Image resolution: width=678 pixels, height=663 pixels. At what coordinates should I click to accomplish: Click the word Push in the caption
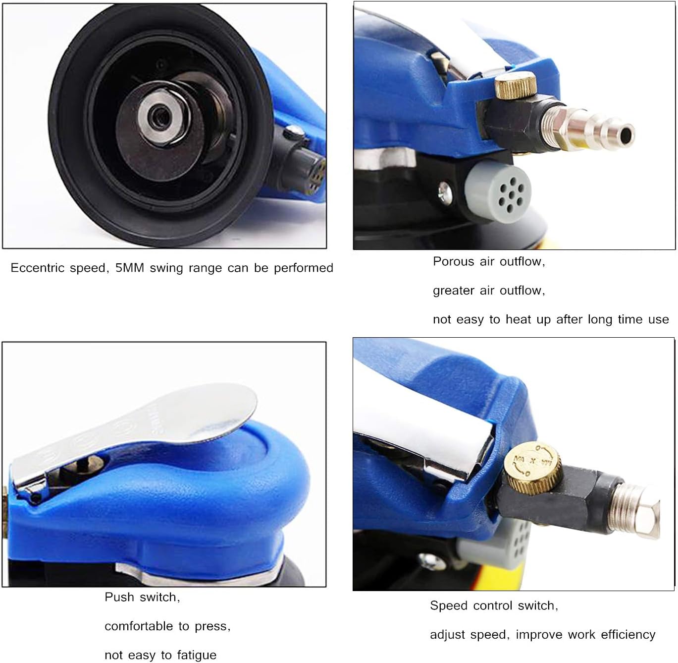pyautogui.click(x=119, y=597)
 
